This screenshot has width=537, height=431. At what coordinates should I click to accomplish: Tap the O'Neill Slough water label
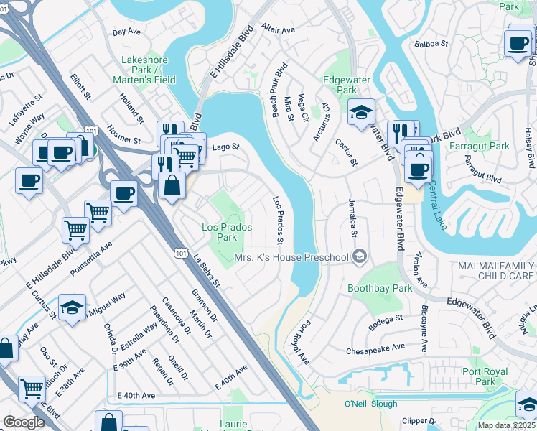click(371, 404)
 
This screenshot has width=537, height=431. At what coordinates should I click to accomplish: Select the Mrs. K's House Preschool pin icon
click(360, 257)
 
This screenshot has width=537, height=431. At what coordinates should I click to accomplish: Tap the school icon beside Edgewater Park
click(362, 111)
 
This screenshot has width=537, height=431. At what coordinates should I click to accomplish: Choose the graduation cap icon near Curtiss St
click(71, 307)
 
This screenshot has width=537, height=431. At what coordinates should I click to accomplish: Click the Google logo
click(24, 422)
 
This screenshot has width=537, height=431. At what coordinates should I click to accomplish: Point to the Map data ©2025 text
click(506, 425)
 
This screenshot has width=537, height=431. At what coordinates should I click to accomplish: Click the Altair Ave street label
click(279, 30)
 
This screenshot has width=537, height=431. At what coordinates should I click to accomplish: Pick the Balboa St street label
click(431, 43)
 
